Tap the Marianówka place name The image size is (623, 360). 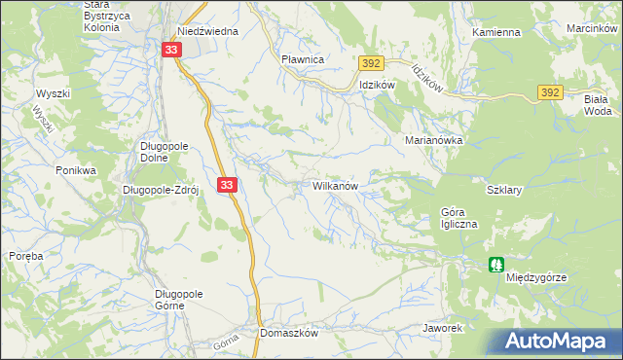(433, 140)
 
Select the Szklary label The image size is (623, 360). (504, 191)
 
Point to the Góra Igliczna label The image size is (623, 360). (459, 218)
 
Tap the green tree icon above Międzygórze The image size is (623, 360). (496, 264)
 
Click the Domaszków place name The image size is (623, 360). (289, 332)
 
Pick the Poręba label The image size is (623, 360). (24, 256)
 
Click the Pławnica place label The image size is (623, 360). (302, 59)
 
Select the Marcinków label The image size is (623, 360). (593, 28)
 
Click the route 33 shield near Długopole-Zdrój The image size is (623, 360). (227, 184)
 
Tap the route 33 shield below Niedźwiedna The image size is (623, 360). (171, 50)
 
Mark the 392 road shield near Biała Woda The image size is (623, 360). (550, 92)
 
